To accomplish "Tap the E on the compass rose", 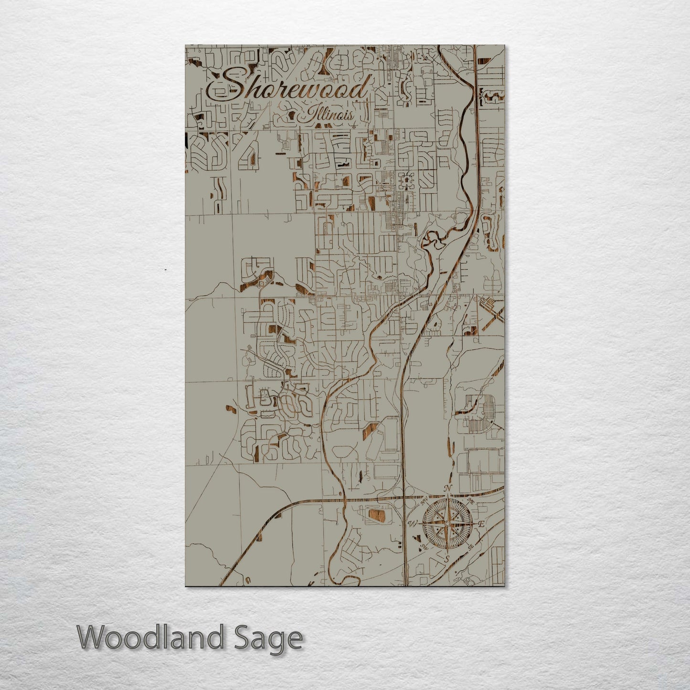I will click(x=481, y=524).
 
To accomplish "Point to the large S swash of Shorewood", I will click(x=229, y=86).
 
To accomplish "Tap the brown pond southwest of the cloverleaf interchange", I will click(x=375, y=514).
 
